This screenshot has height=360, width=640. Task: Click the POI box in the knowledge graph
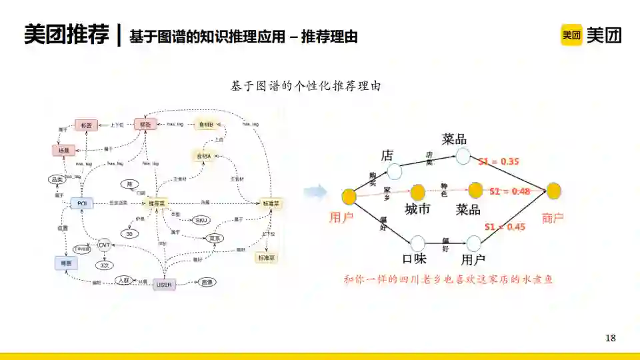tap(82, 203)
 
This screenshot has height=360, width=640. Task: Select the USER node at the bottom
tap(164, 285)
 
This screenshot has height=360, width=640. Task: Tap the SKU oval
tap(201, 220)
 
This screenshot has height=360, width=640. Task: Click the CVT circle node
tap(104, 245)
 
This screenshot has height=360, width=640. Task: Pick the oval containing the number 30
tap(129, 233)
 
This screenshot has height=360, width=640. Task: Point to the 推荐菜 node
tap(157, 203)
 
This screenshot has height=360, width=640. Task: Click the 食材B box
tap(205, 125)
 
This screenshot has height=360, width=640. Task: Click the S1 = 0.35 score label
tap(499, 161)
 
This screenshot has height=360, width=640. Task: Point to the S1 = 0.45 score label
tap(505, 227)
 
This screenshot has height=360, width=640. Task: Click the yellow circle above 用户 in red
tap(349, 196)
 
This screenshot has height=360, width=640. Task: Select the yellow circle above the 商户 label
tap(553, 191)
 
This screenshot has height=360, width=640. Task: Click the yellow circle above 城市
tap(417, 193)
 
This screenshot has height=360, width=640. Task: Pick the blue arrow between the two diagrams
tap(314, 193)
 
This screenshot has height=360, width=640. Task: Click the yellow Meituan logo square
tap(571, 35)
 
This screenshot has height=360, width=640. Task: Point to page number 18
tap(611, 338)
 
